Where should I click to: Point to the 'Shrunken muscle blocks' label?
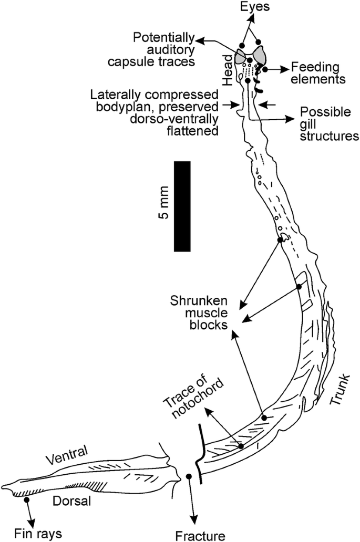[x=199, y=314]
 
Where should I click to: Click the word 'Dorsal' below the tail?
[x=72, y=501]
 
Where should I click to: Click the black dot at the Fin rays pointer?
[x=25, y=501]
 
